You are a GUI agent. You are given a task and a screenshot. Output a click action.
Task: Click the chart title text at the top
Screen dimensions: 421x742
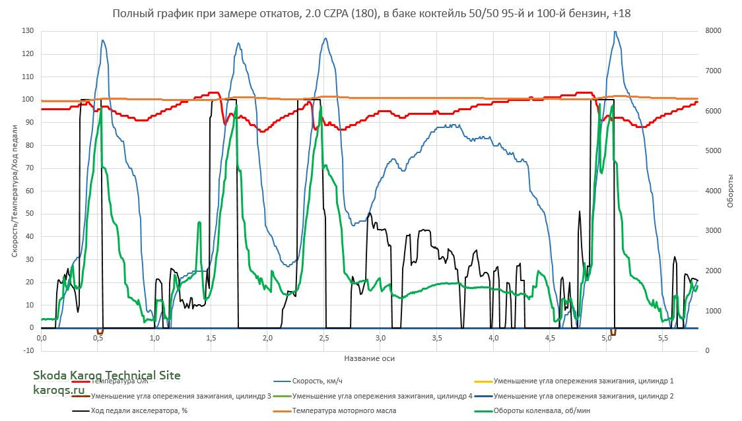pos(371,14)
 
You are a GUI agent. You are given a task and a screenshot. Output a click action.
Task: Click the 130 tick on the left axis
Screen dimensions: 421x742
pos(28,31)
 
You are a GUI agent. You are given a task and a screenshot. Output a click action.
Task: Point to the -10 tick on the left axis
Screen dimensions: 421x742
pos(28,350)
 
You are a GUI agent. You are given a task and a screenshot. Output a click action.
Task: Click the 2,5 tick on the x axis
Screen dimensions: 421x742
pos(323,338)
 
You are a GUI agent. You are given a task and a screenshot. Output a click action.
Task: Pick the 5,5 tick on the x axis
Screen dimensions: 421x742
pos(663,338)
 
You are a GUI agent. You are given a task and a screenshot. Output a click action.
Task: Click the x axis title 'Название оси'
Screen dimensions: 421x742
pos(369,358)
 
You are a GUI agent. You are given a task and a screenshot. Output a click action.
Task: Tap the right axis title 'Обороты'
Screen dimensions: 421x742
pos(731,191)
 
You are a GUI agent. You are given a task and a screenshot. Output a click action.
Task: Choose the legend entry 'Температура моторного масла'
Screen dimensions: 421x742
pos(344,411)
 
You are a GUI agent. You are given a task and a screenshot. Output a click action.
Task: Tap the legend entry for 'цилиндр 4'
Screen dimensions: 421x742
pos(382,396)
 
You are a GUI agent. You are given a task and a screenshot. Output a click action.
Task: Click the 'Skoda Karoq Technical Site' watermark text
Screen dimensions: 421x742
pos(106,375)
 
